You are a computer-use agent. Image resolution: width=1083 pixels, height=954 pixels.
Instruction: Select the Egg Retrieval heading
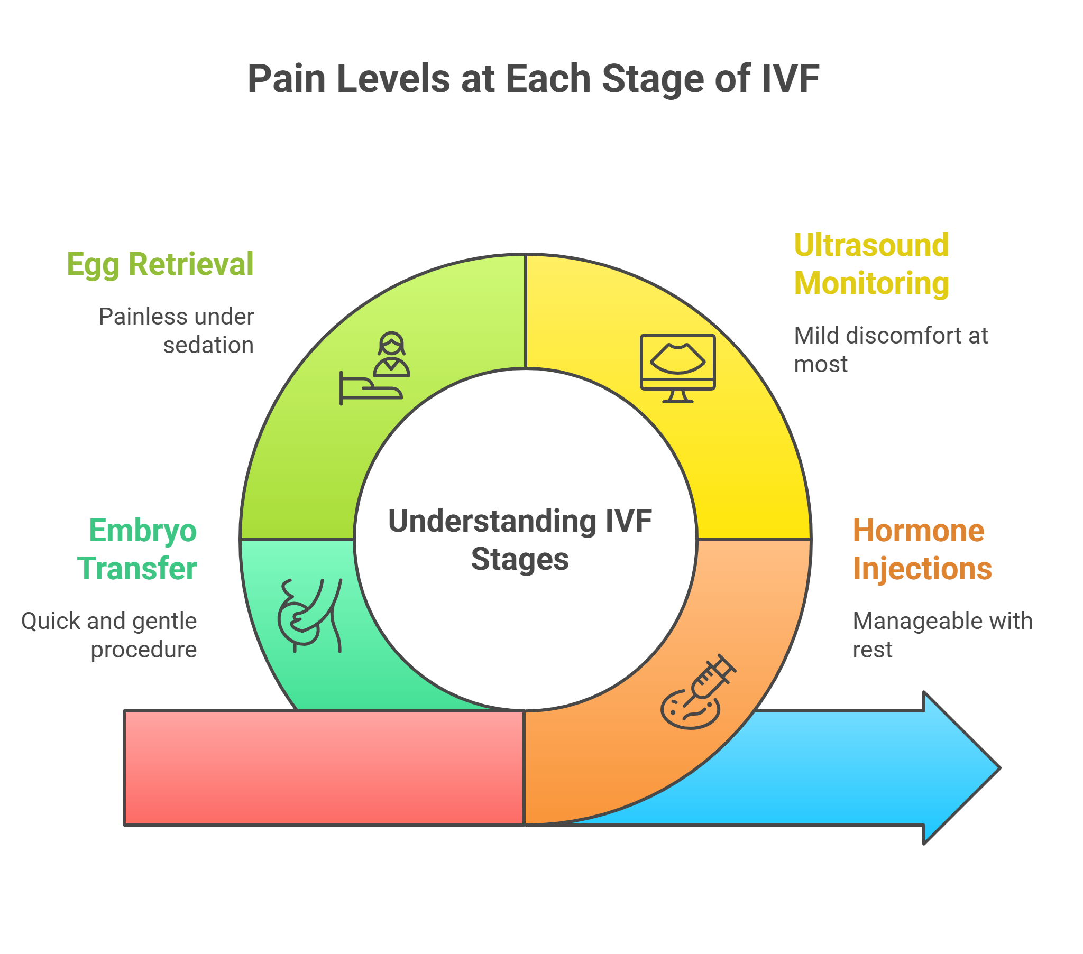pyautogui.click(x=160, y=264)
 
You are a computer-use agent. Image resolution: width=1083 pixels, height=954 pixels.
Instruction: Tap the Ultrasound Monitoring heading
pyautogui.click(x=870, y=264)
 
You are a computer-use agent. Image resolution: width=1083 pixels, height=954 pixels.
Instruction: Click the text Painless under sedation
pyautogui.click(x=178, y=331)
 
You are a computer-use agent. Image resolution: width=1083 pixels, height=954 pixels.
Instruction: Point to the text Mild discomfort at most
pyautogui.click(x=890, y=349)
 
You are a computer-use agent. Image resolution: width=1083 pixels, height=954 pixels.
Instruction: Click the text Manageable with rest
pyautogui.click(x=941, y=635)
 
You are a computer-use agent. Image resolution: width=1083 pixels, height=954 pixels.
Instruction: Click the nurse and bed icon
pyautogui.click(x=374, y=369)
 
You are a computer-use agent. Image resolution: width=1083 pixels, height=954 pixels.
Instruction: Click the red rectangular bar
pyautogui.click(x=323, y=767)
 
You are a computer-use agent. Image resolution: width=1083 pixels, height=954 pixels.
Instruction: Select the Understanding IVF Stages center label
pyautogui.click(x=520, y=540)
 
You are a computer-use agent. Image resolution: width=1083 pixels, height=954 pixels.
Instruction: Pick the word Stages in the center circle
pyautogui.click(x=520, y=559)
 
